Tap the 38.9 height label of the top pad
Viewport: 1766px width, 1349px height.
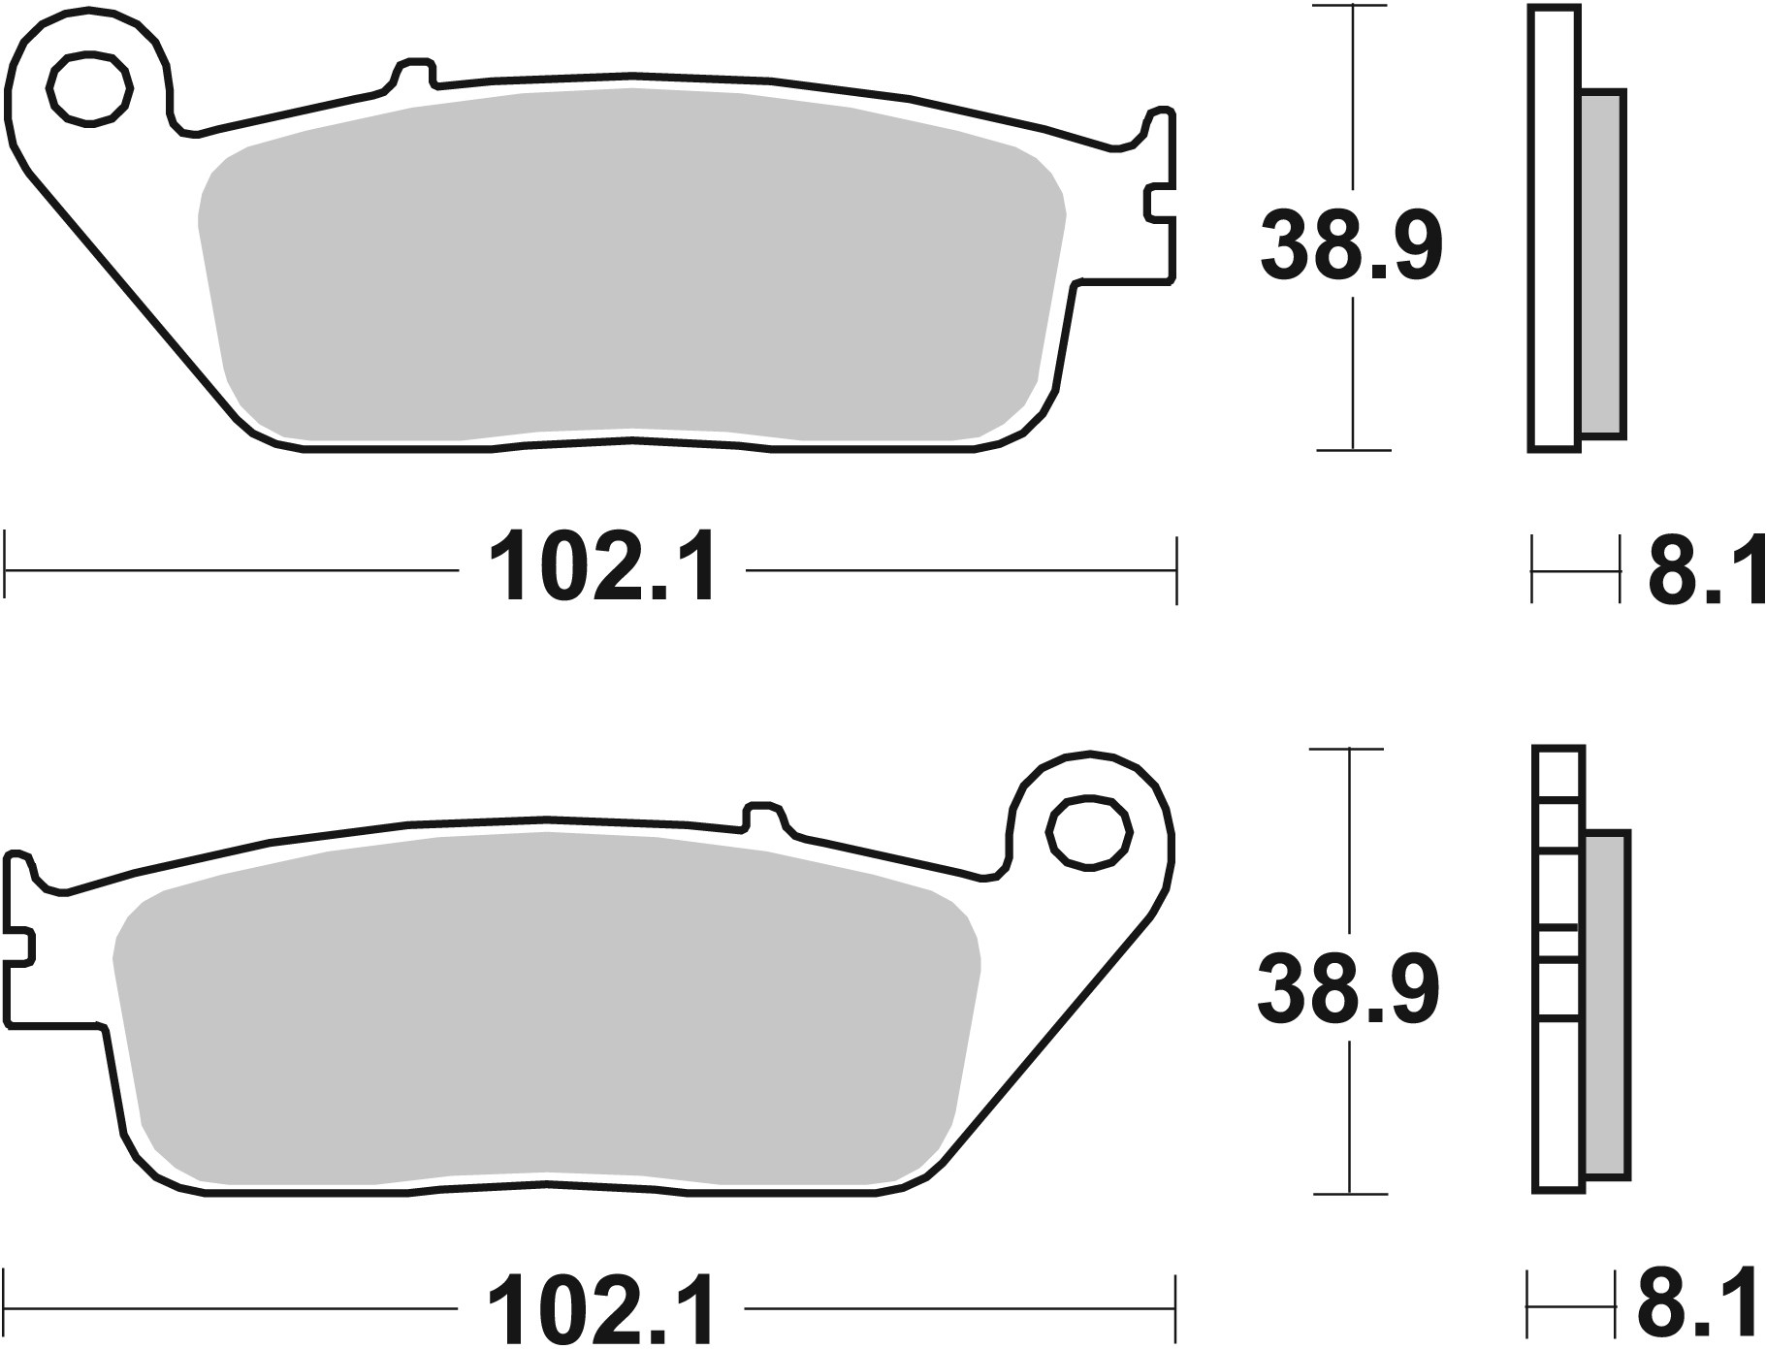1351,246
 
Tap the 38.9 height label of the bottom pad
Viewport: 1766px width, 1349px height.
1348,989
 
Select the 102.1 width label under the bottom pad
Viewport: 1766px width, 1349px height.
601,1309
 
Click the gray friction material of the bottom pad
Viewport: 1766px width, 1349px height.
543,1009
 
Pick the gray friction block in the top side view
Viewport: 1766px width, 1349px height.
1602,264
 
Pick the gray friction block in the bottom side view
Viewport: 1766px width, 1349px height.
1608,1004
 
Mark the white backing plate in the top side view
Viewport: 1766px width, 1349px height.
1553,228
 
